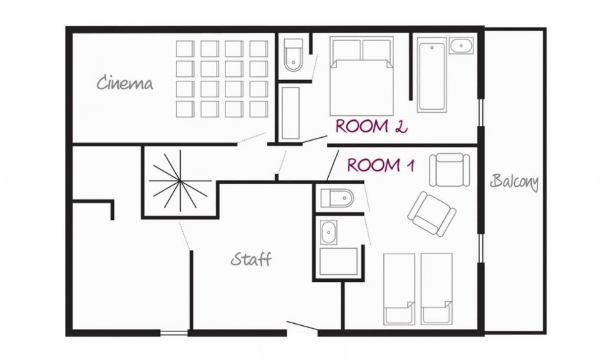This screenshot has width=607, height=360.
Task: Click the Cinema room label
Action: (125, 83)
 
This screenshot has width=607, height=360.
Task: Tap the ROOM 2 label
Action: (371, 126)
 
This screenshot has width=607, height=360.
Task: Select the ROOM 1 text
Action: (381, 165)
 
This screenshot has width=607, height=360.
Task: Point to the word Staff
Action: (251, 259)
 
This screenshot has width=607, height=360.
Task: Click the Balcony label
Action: (514, 182)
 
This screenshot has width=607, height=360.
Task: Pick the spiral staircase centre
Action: (180, 181)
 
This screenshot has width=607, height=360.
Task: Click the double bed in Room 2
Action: (361, 76)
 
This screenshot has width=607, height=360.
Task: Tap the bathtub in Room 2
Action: (432, 75)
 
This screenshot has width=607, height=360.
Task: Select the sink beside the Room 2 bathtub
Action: (461, 46)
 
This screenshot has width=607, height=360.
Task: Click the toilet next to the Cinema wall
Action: (293, 55)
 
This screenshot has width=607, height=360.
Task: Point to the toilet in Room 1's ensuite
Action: (337, 198)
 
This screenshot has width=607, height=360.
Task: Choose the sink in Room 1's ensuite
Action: (328, 232)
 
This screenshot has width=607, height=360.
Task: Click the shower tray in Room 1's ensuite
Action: (339, 261)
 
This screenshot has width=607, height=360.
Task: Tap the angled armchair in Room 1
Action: (432, 214)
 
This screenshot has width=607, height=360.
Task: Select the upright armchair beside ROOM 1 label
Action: (450, 170)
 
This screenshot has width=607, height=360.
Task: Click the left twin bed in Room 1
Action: (399, 289)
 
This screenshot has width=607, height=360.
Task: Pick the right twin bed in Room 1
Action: (436, 289)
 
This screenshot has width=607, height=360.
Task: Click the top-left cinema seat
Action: (185, 49)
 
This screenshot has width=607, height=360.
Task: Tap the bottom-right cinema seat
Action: (259, 109)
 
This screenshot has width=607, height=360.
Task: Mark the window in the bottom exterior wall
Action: (174, 333)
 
